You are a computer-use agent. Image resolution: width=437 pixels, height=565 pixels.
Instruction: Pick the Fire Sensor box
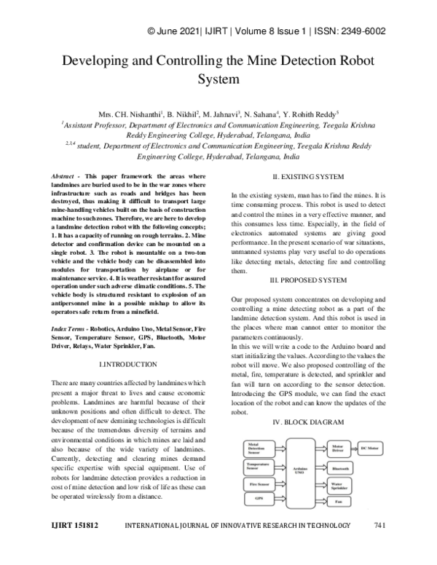click(260, 483)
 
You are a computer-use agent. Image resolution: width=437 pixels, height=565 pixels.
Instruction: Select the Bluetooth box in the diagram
click(341, 469)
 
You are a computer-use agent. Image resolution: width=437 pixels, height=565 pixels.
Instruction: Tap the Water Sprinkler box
click(341, 486)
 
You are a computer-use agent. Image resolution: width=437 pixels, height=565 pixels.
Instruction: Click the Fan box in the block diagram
click(341, 502)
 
